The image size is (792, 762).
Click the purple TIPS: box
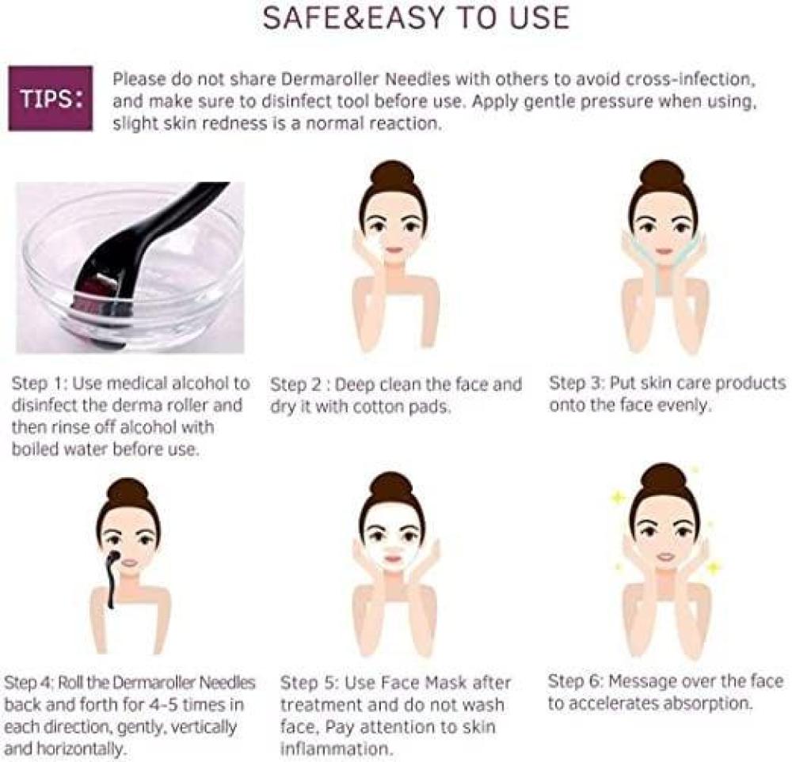coord(51,98)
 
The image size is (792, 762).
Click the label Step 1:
coord(40,384)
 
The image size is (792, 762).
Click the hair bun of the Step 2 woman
coord(393,180)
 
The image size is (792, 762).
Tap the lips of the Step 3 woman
coord(664,251)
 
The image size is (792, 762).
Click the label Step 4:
coord(29,683)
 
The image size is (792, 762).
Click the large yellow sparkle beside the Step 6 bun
coord(617,499)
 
